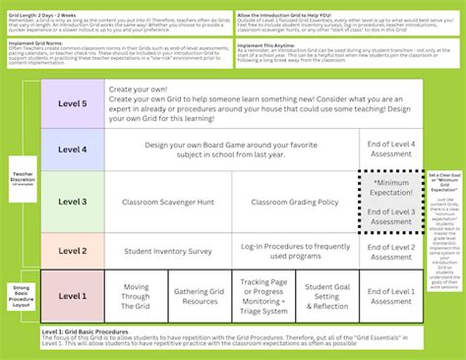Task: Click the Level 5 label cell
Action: (x=73, y=102)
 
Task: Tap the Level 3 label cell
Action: (x=73, y=202)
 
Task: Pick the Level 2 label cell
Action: (x=73, y=251)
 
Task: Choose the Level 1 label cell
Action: (x=73, y=295)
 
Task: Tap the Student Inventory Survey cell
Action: (x=169, y=251)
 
